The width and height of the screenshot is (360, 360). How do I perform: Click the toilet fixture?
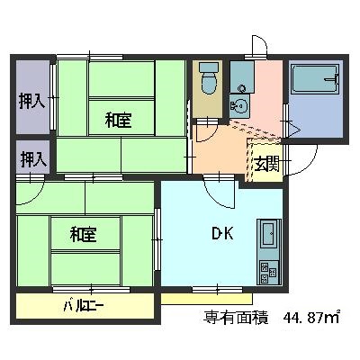[x=209, y=78]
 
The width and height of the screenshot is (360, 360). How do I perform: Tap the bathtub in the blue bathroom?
[x=315, y=78]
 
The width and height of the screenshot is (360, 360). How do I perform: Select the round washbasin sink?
[x=239, y=105]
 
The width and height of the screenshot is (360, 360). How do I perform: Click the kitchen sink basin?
[x=268, y=234]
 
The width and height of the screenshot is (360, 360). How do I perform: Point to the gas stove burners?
[x=269, y=272]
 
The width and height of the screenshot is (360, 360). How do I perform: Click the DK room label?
[x=223, y=233]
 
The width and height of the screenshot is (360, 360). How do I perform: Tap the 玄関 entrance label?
[x=268, y=164]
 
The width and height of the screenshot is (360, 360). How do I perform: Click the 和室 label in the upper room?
[x=118, y=120]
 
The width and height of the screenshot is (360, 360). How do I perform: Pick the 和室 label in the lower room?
[x=83, y=234]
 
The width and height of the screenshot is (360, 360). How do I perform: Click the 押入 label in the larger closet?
[x=32, y=101]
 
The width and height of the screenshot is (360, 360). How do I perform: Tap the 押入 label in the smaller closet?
[x=33, y=159]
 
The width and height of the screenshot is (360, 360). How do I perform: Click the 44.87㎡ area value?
[x=311, y=317]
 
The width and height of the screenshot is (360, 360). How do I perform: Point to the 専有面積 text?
[x=236, y=317]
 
